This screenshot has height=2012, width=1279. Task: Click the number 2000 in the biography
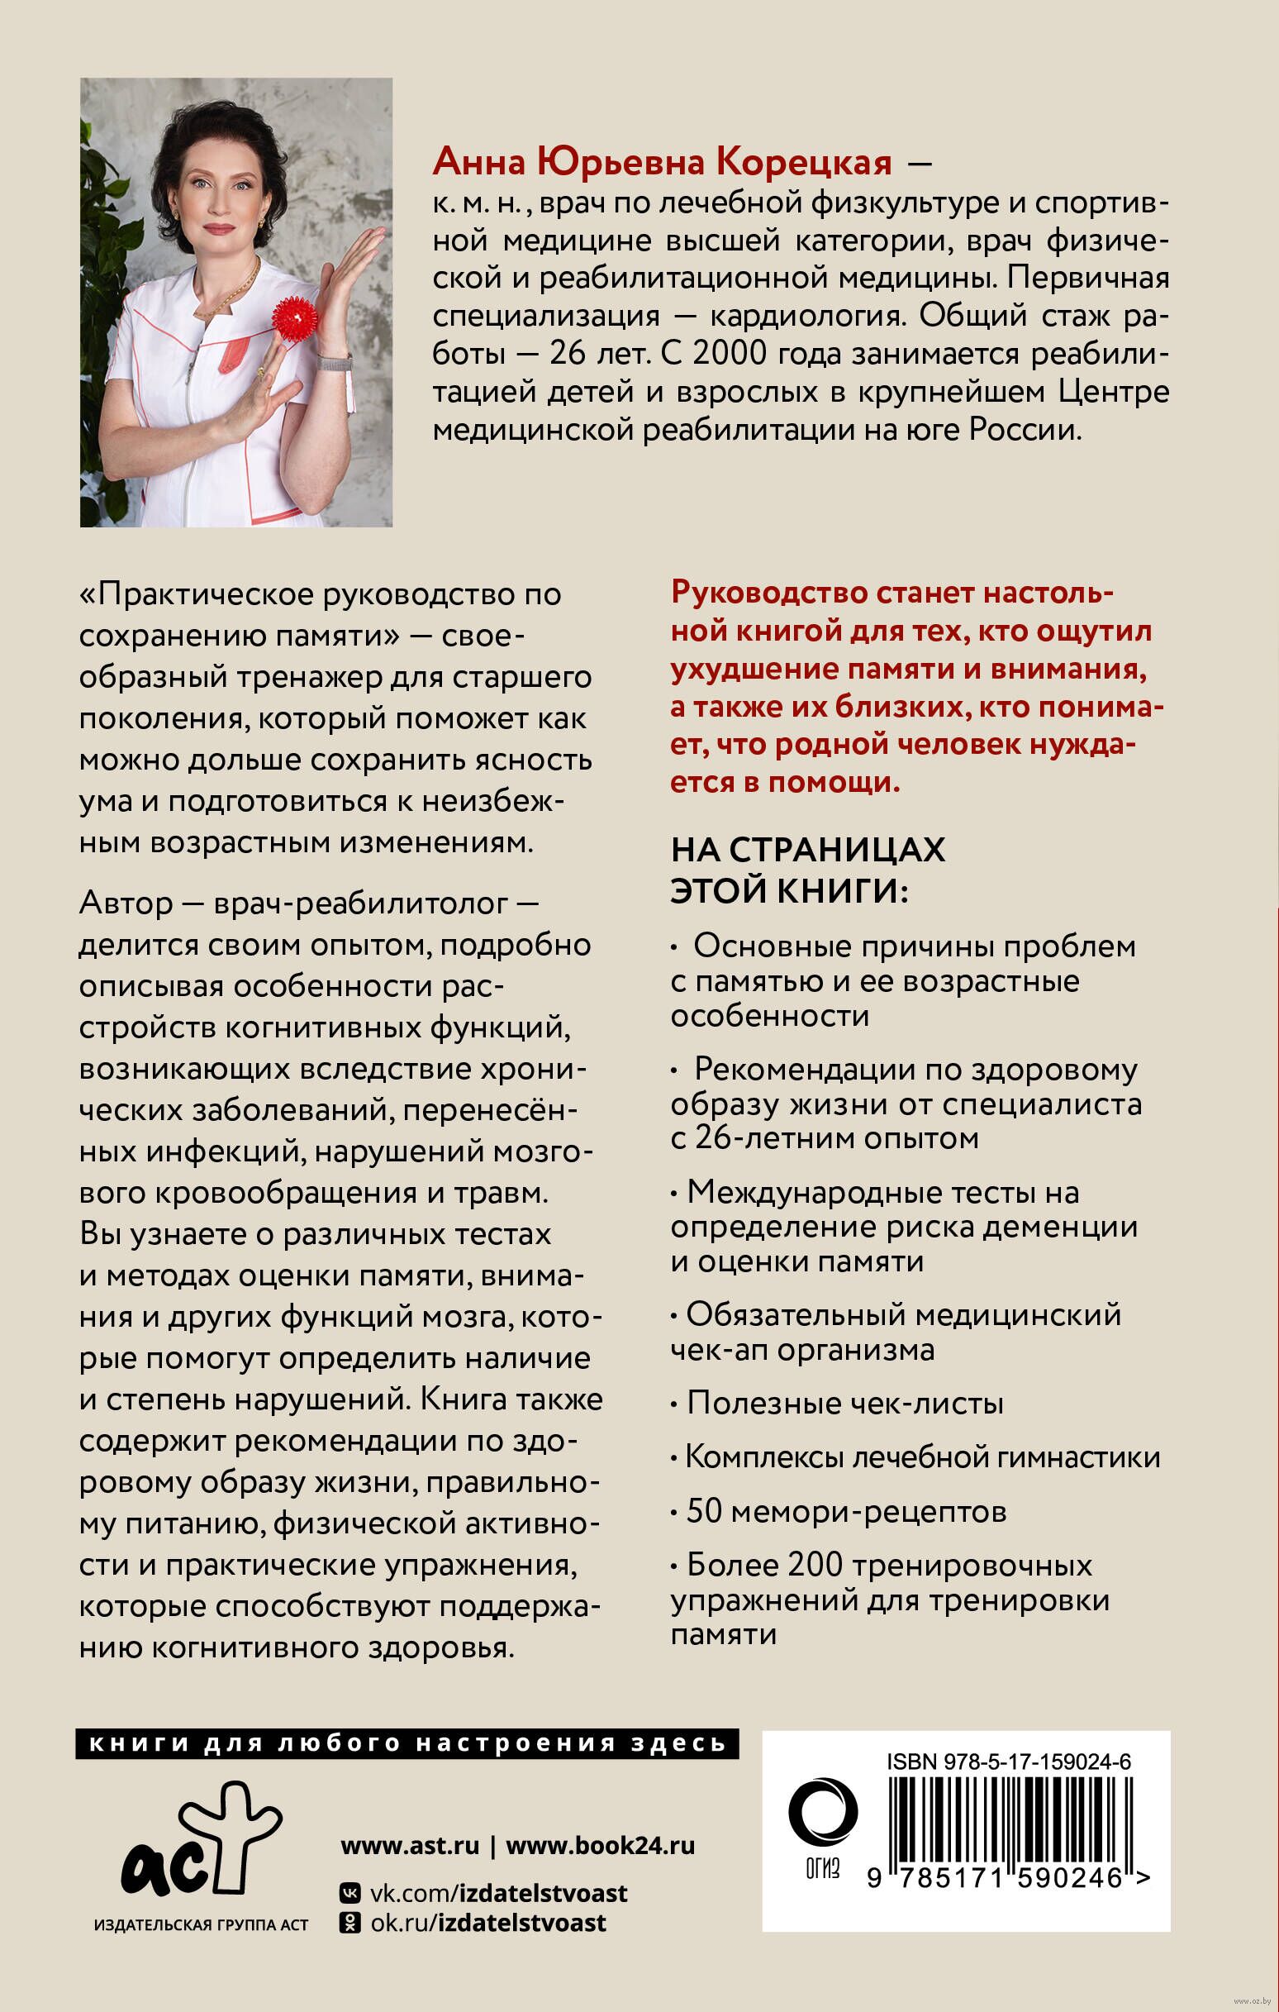coord(730,354)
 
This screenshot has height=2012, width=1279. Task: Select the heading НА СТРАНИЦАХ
coord(808,850)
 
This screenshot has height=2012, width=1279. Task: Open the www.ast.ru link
coord(409,1845)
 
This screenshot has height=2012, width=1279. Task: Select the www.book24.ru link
coord(601,1845)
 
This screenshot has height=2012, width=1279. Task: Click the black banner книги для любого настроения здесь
coord(407,1744)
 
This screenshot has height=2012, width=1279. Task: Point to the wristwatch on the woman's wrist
coord(335,365)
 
